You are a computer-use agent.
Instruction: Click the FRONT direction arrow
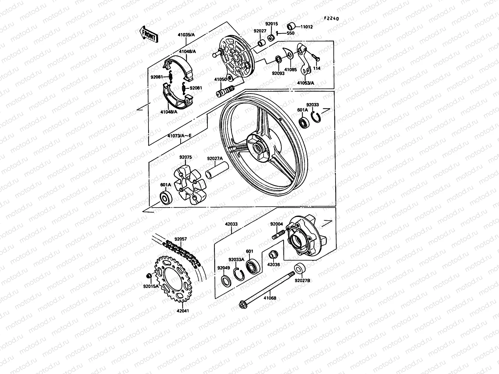click(149, 35)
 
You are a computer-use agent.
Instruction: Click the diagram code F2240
click(331, 18)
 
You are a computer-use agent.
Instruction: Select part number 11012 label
click(307, 27)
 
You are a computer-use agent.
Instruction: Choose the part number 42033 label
click(231, 223)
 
